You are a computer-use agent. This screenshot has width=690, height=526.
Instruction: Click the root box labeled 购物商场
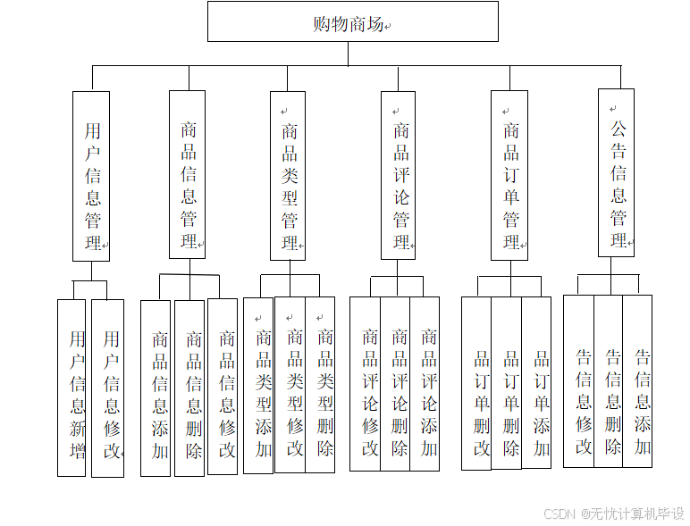352,22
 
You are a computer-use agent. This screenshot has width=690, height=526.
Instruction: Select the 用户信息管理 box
91,176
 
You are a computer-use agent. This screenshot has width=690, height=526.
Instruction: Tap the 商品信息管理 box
188,175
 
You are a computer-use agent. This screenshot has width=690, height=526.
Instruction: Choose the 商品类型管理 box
288,176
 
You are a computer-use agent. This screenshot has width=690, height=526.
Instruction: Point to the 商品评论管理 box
399,175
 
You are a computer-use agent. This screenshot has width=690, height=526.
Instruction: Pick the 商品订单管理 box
509,175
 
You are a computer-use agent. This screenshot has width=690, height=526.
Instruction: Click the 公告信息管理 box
617,172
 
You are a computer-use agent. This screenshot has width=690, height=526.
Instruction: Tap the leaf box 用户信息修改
108,388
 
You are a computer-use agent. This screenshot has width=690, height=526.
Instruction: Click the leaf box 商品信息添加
156,388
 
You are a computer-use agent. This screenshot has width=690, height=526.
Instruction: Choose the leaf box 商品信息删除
189,388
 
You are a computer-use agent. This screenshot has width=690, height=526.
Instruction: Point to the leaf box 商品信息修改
223,386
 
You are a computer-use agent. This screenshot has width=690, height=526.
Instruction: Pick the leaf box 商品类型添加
258,385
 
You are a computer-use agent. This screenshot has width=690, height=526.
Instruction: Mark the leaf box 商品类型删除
321,385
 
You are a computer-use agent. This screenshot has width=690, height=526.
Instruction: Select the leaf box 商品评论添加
425,384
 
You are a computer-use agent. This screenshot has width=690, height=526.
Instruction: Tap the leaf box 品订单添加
537,383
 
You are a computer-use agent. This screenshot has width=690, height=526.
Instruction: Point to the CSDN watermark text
613,513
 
